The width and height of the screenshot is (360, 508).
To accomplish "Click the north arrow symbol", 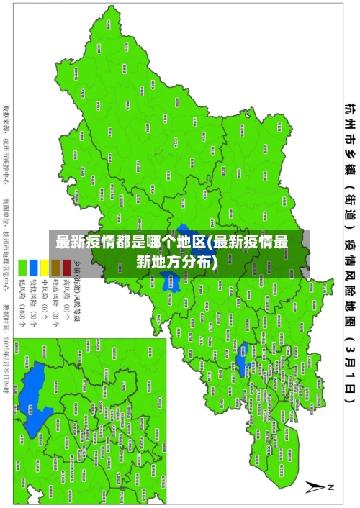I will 315,487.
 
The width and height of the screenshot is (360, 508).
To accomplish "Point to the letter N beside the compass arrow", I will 332,487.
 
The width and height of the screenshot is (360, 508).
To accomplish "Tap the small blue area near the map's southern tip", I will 243,337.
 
